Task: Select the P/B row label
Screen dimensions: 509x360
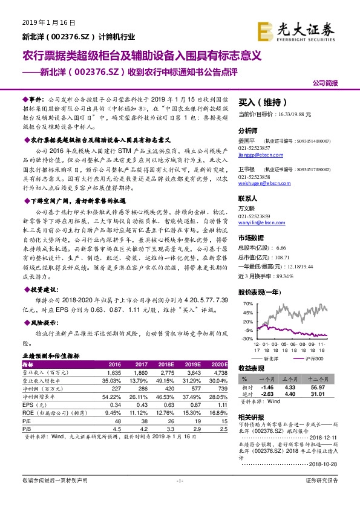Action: (x=27, y=428)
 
